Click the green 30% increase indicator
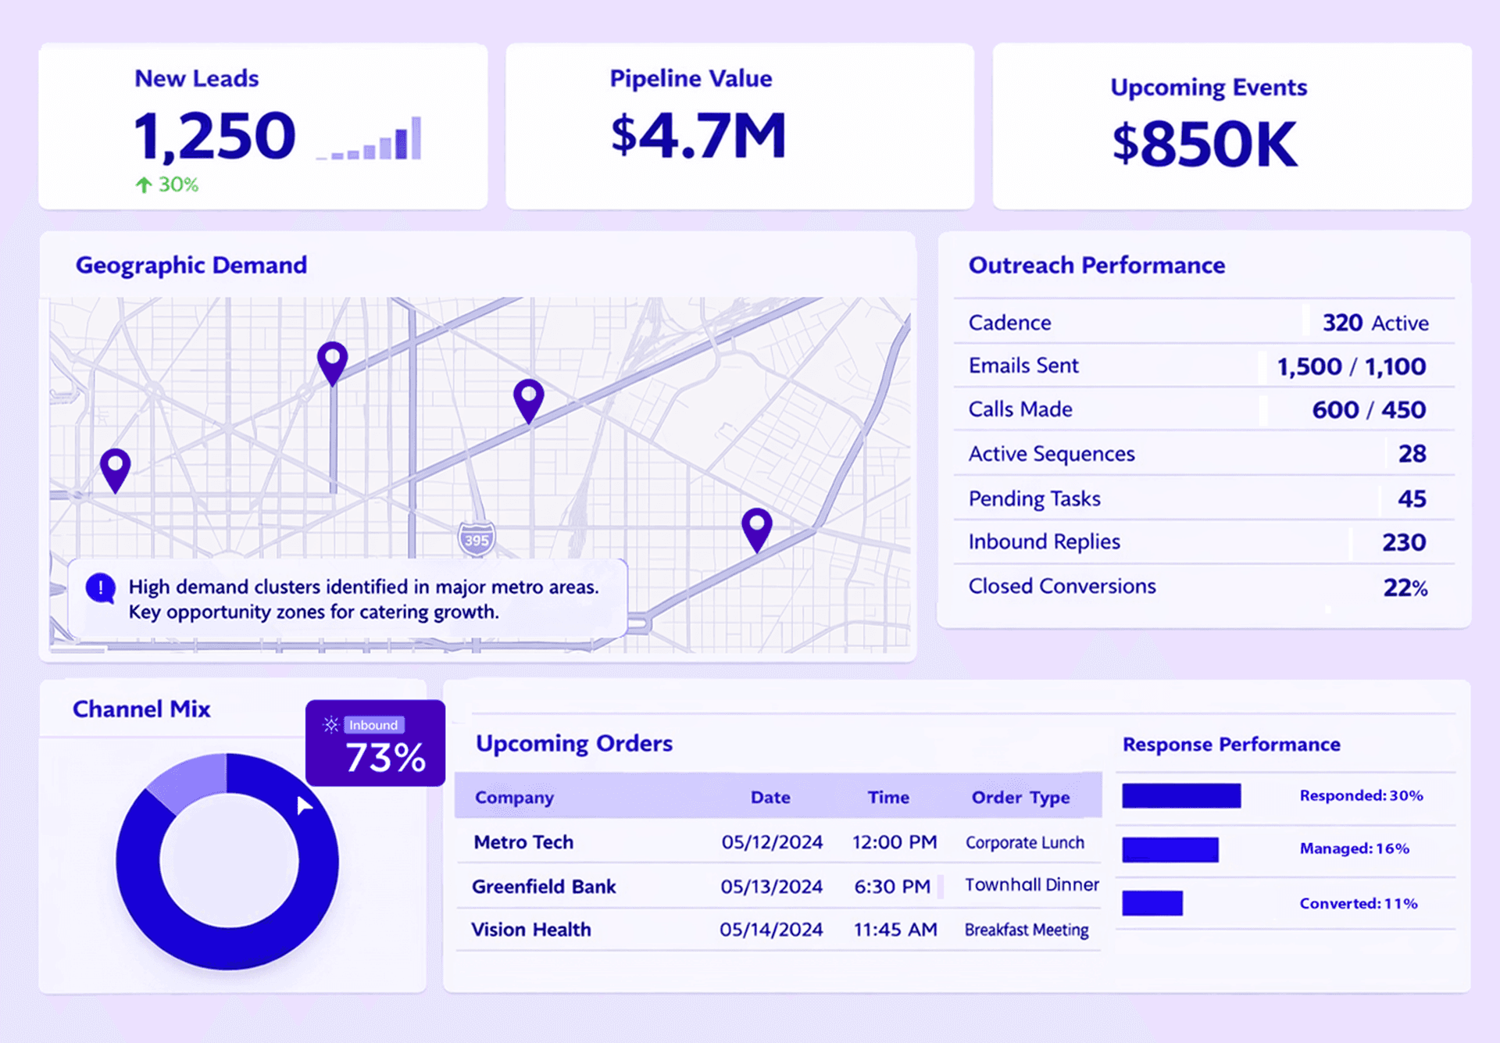click(167, 184)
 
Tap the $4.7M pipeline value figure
click(698, 136)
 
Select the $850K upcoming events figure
click(1204, 144)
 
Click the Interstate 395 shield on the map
click(476, 538)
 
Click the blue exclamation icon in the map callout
click(101, 588)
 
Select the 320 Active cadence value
click(1374, 323)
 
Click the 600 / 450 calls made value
click(1368, 409)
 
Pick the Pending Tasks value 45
click(1411, 498)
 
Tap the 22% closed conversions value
click(1405, 587)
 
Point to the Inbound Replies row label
click(1044, 541)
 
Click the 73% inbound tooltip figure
click(385, 757)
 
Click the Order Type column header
click(1020, 797)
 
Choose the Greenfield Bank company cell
click(544, 886)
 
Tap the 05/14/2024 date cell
click(771, 929)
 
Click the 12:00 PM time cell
click(894, 841)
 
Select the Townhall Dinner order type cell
click(1031, 884)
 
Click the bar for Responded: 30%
click(1181, 795)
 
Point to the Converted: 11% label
click(1358, 903)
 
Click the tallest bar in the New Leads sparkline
click(416, 138)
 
